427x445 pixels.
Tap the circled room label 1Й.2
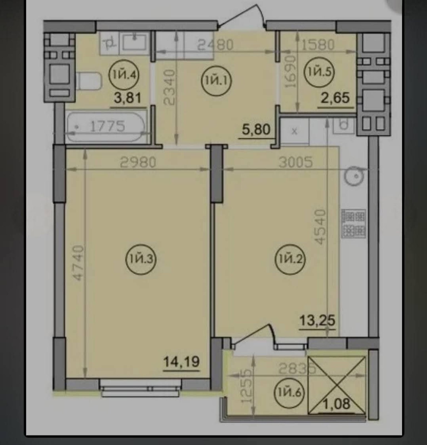coord(290,259)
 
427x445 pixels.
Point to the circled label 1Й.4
coord(124,75)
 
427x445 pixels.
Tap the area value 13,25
coord(317,321)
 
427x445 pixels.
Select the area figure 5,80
coord(256,129)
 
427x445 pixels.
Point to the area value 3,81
coord(128,98)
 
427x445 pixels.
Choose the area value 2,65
coord(335,98)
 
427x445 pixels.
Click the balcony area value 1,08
coord(336,404)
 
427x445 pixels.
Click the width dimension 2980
coord(138,163)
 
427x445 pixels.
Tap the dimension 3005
coord(296,162)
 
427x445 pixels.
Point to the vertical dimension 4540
coord(320,227)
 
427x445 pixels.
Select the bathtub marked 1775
coord(106,127)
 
